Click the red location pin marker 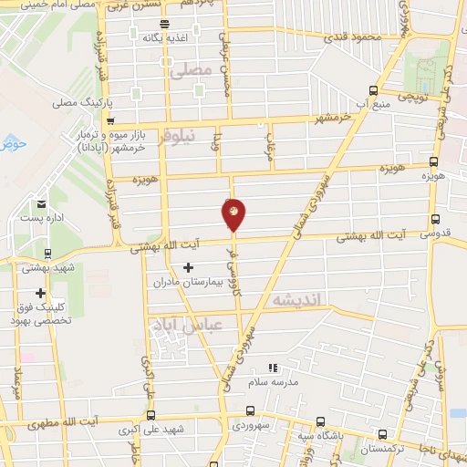click(x=234, y=214)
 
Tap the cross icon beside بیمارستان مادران click(x=188, y=268)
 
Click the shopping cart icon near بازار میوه click(x=109, y=119)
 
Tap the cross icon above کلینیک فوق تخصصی click(x=40, y=293)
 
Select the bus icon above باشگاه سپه click(x=319, y=421)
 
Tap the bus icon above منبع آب click(x=373, y=90)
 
